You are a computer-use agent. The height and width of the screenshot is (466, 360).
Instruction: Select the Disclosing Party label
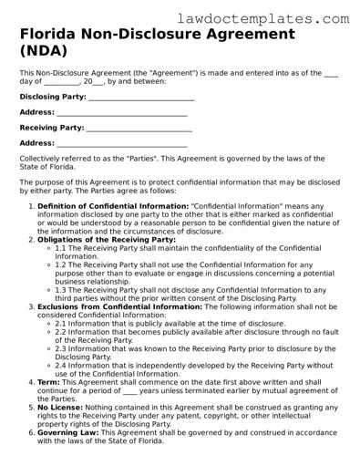[53, 96]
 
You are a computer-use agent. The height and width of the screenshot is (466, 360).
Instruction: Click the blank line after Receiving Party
[140, 128]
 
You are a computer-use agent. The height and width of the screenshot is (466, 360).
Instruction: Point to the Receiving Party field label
[51, 128]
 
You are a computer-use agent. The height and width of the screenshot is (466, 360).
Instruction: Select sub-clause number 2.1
[62, 325]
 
